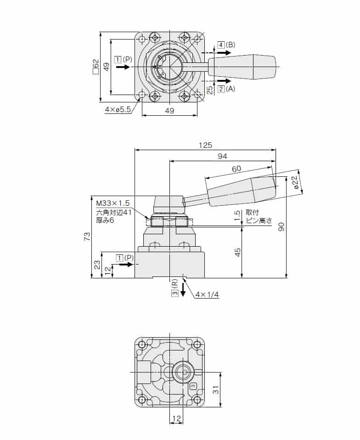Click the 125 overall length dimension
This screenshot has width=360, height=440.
(x=205, y=145)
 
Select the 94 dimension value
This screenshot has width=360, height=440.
(x=222, y=157)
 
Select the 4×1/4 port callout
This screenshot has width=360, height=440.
(x=206, y=294)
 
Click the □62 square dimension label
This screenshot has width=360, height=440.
(x=96, y=66)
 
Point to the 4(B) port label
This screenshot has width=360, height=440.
(x=226, y=45)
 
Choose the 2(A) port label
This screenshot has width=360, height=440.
(x=226, y=89)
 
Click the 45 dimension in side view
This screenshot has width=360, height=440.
(x=238, y=252)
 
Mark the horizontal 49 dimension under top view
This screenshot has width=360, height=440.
(x=169, y=111)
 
